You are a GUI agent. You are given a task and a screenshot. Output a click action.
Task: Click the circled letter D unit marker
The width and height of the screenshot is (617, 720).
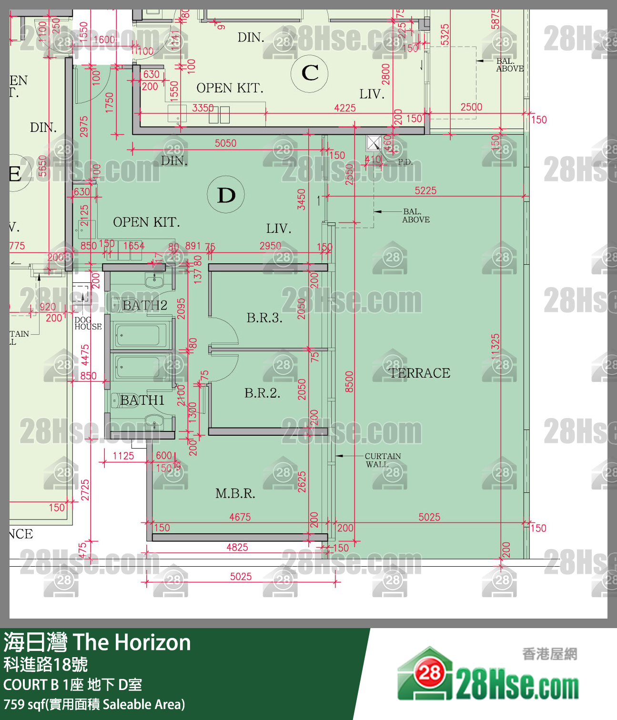[226, 195]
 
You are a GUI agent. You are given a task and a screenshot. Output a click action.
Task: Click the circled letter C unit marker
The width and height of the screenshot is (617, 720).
[310, 73]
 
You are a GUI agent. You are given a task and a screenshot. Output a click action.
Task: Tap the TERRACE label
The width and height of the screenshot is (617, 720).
[419, 373]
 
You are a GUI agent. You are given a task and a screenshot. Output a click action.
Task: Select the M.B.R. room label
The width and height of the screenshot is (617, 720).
[235, 494]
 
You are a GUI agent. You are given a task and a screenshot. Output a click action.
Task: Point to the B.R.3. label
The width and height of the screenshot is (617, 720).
[264, 318]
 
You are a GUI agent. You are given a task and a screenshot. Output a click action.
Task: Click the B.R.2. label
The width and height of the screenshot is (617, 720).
[262, 393]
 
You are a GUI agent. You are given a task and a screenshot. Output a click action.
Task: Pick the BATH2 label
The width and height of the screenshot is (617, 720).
[145, 305]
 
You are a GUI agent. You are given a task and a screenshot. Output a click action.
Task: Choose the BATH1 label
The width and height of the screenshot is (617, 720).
[142, 400]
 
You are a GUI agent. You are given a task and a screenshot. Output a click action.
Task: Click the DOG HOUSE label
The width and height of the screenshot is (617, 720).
[88, 323]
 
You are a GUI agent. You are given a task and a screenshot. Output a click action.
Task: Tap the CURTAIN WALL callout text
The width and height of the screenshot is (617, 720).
[383, 460]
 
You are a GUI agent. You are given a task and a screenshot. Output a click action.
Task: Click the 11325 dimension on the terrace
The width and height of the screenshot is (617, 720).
[496, 348]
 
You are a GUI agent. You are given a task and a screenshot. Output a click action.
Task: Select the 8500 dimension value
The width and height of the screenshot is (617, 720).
[349, 381]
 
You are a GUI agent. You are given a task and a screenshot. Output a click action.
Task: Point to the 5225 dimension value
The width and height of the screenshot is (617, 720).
[425, 190]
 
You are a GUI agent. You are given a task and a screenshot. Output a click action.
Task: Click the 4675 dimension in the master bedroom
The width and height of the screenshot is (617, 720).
[240, 517]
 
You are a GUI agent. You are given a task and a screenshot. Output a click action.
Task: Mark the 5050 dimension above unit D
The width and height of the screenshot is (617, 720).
[225, 143]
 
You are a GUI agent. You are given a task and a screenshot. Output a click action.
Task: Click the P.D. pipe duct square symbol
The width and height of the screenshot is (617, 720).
[374, 143]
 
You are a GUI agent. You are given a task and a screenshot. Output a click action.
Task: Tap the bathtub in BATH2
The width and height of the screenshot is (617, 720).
[138, 335]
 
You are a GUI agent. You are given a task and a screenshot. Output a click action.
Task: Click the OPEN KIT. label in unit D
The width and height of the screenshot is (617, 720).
[146, 222]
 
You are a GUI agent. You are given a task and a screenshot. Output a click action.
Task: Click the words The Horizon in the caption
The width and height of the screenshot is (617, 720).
[131, 642]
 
